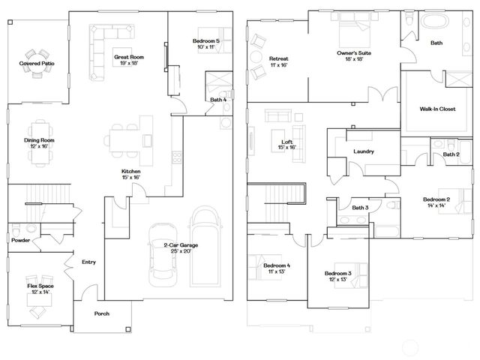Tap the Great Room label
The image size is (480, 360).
[129, 57]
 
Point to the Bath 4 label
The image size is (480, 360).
[217, 99]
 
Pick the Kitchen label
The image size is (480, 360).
[131, 171]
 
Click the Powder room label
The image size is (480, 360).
[20, 240]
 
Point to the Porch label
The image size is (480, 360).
[101, 313]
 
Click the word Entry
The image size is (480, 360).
[88, 262]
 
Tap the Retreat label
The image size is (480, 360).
[279, 58]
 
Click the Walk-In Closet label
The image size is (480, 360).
[437, 109]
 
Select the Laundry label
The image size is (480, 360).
[364, 152]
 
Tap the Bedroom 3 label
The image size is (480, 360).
[339, 272]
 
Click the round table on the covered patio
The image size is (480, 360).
[35, 55]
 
